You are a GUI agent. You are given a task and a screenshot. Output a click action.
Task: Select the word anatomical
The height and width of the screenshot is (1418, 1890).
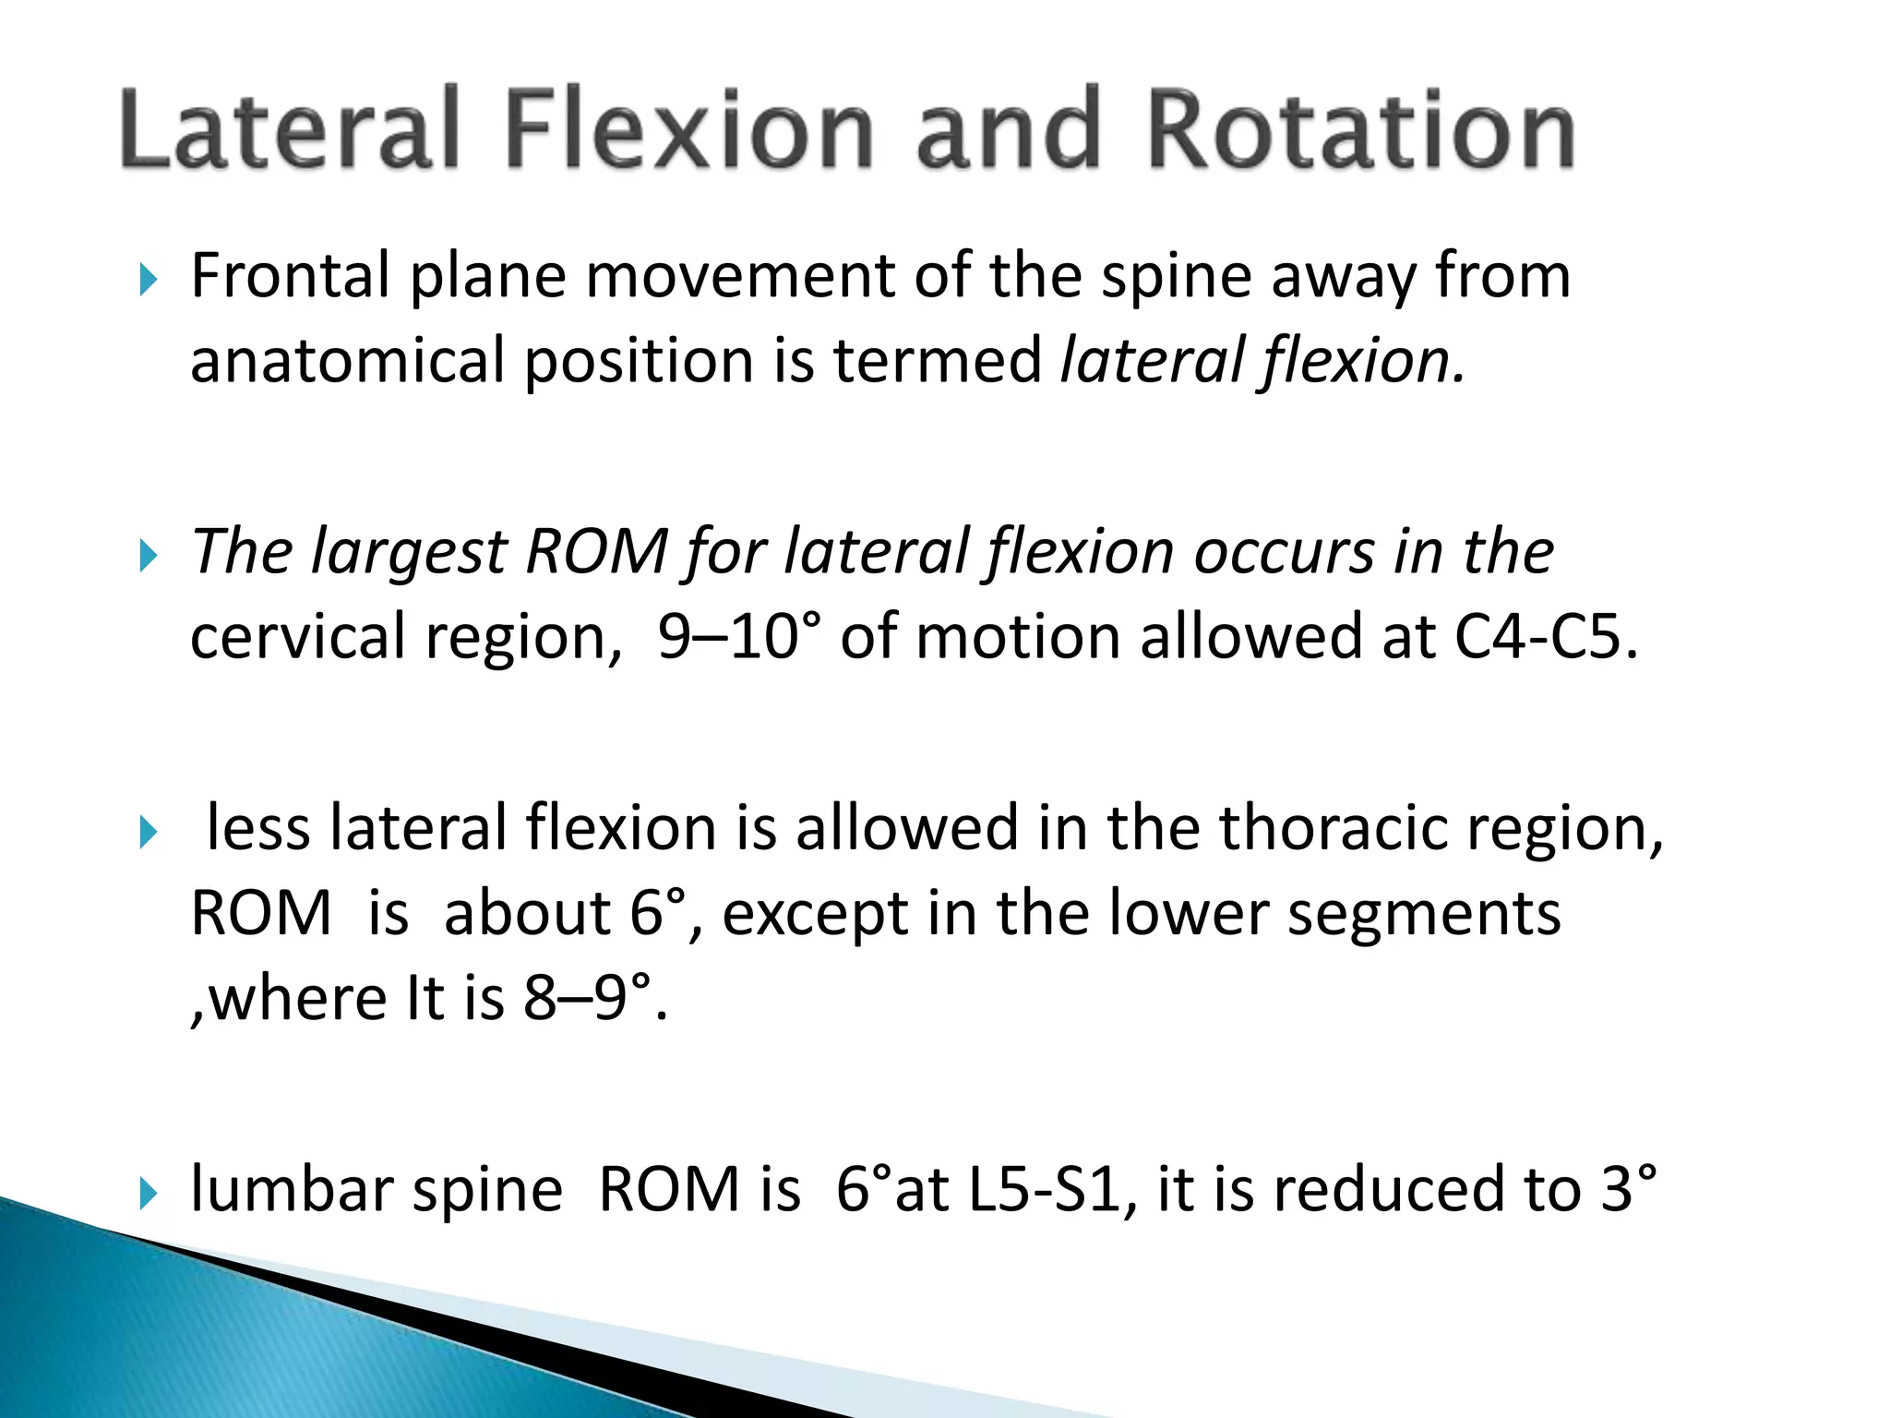tap(347, 361)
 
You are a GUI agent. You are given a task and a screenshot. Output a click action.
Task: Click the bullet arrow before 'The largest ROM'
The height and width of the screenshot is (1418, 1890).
tap(149, 556)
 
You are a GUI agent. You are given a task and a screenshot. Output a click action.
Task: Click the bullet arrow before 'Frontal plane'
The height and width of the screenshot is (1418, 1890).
tap(149, 279)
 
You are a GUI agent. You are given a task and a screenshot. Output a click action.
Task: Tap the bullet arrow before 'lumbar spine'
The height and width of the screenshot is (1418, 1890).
tap(149, 1194)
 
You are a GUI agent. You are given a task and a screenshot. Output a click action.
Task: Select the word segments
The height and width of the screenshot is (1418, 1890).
tap(1423, 914)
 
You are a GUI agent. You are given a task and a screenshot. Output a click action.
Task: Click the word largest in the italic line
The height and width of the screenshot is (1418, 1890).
tap(408, 552)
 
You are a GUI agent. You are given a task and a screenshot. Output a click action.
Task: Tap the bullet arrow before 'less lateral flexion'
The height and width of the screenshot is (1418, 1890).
tap(149, 833)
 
